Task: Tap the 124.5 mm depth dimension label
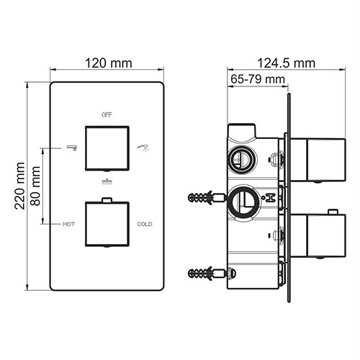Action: click(x=285, y=63)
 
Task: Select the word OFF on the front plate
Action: click(x=107, y=114)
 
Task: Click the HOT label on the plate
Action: click(x=68, y=224)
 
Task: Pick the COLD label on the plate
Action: click(x=145, y=224)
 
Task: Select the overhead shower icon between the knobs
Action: click(x=107, y=181)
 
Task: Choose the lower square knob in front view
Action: click(x=107, y=224)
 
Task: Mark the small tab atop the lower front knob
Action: click(x=107, y=199)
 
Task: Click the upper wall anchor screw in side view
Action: click(x=206, y=197)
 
